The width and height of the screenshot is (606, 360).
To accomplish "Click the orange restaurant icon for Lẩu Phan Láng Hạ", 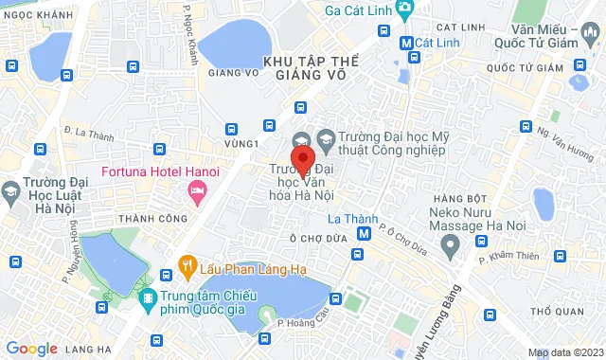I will pyautogui.click(x=187, y=264).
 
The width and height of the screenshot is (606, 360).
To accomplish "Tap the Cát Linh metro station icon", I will pyautogui.click(x=405, y=43).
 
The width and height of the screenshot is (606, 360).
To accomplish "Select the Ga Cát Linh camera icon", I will pyautogui.click(x=404, y=9).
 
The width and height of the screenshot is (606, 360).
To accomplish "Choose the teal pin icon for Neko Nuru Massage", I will pyautogui.click(x=451, y=245).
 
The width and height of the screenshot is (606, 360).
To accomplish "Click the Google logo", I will pyautogui.click(x=30, y=348).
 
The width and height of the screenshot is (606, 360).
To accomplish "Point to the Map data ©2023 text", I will pyautogui.click(x=564, y=353).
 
